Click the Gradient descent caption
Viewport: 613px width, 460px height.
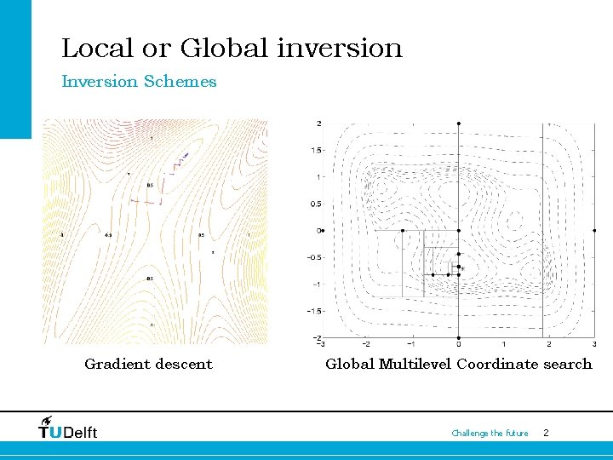pos(148,365)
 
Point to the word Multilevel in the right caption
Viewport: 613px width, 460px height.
pos(415,365)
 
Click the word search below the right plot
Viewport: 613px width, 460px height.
pos(567,365)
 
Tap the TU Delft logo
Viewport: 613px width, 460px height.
pos(68,428)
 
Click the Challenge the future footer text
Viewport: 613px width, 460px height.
pos(490,434)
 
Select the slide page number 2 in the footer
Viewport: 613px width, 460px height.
pos(546,434)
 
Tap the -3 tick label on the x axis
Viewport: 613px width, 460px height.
pos(319,345)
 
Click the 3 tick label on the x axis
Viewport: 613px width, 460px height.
pos(593,345)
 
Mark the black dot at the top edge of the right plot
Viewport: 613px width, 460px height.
pos(459,124)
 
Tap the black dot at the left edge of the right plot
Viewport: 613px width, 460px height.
pos(323,230)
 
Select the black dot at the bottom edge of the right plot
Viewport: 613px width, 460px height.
pos(459,337)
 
